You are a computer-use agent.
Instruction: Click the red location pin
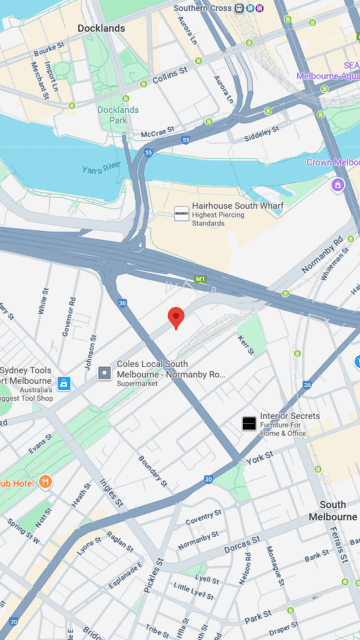[x=176, y=318]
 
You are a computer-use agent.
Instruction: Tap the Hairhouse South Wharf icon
[x=181, y=213]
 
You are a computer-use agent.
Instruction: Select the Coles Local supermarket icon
[x=104, y=373]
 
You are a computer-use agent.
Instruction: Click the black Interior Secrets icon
[x=248, y=423]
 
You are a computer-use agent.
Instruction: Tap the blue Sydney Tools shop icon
[x=64, y=383]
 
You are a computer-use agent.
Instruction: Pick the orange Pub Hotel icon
[x=45, y=482]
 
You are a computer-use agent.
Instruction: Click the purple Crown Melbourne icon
[x=338, y=184]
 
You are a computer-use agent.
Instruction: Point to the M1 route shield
[x=200, y=279]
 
